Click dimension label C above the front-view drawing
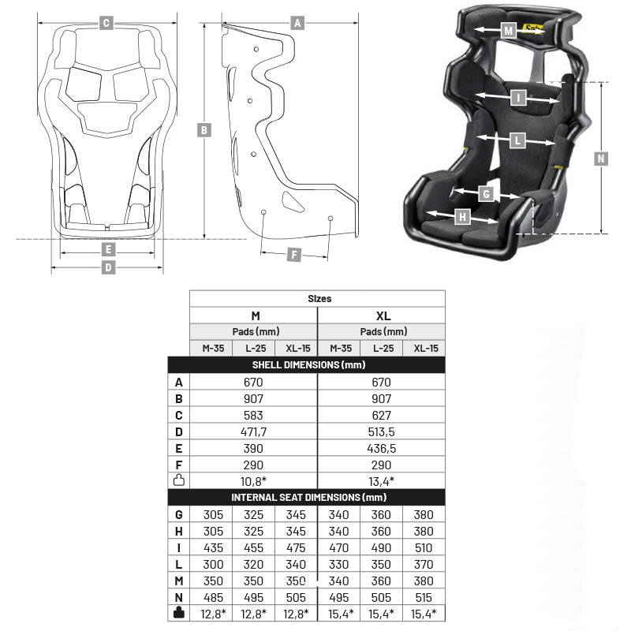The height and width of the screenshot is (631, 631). [x=106, y=23]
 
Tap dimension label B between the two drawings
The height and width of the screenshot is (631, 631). [x=203, y=130]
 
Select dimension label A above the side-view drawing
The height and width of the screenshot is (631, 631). [x=297, y=23]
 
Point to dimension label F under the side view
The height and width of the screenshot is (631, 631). [x=293, y=255]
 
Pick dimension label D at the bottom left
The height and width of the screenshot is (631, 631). [x=109, y=268]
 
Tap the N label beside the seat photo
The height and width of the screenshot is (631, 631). [x=601, y=158]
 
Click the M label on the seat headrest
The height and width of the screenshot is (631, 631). [x=509, y=31]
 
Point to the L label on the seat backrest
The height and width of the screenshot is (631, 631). [x=517, y=140]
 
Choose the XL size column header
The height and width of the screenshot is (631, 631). [x=383, y=315]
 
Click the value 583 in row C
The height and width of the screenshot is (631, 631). [x=254, y=415]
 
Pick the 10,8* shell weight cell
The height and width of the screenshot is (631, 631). [x=254, y=480]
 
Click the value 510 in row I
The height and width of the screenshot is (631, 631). [x=423, y=547]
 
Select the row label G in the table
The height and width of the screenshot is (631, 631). [x=179, y=514]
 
